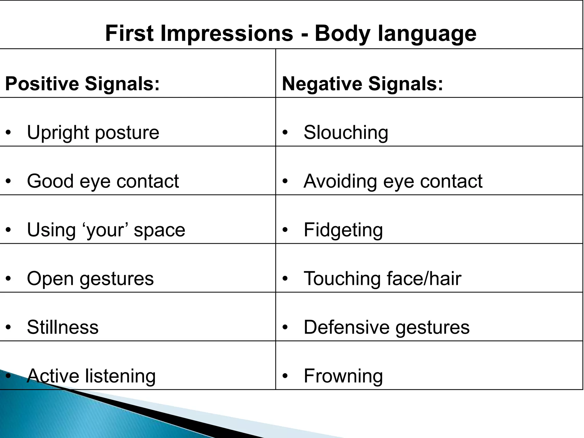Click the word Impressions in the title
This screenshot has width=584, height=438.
227,33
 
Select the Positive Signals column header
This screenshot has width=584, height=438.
82,84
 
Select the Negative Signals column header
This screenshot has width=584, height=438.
362,84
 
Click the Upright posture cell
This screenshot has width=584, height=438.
93,133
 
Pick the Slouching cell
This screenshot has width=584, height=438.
346,133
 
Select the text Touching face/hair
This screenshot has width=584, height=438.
382,279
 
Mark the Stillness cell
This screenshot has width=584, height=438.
63,327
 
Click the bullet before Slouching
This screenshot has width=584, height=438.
285,133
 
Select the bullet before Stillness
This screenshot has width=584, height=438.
9,327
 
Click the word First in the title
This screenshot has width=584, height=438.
129,33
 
